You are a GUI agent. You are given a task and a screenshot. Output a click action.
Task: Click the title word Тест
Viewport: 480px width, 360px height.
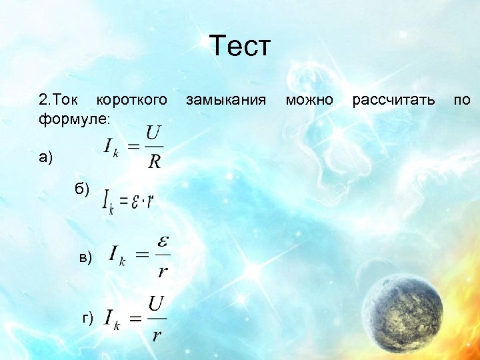coord(240,47)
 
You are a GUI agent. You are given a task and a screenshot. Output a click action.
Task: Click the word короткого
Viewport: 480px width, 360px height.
coord(132,100)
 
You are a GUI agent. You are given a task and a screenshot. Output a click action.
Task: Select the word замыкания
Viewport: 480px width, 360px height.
coord(226,100)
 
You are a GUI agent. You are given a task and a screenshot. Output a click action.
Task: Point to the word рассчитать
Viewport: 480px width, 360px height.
coord(393,100)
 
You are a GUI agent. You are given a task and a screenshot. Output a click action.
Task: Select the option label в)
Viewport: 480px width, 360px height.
coord(86,257)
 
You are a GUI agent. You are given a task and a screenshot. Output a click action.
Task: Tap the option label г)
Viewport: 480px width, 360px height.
coord(87,317)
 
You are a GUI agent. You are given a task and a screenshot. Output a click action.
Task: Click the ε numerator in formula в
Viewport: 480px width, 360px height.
coord(161,241)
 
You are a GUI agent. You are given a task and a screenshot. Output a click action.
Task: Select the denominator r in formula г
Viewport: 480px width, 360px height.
coord(156,333)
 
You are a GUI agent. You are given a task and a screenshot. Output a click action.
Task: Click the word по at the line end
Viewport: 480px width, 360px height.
coord(461,100)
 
